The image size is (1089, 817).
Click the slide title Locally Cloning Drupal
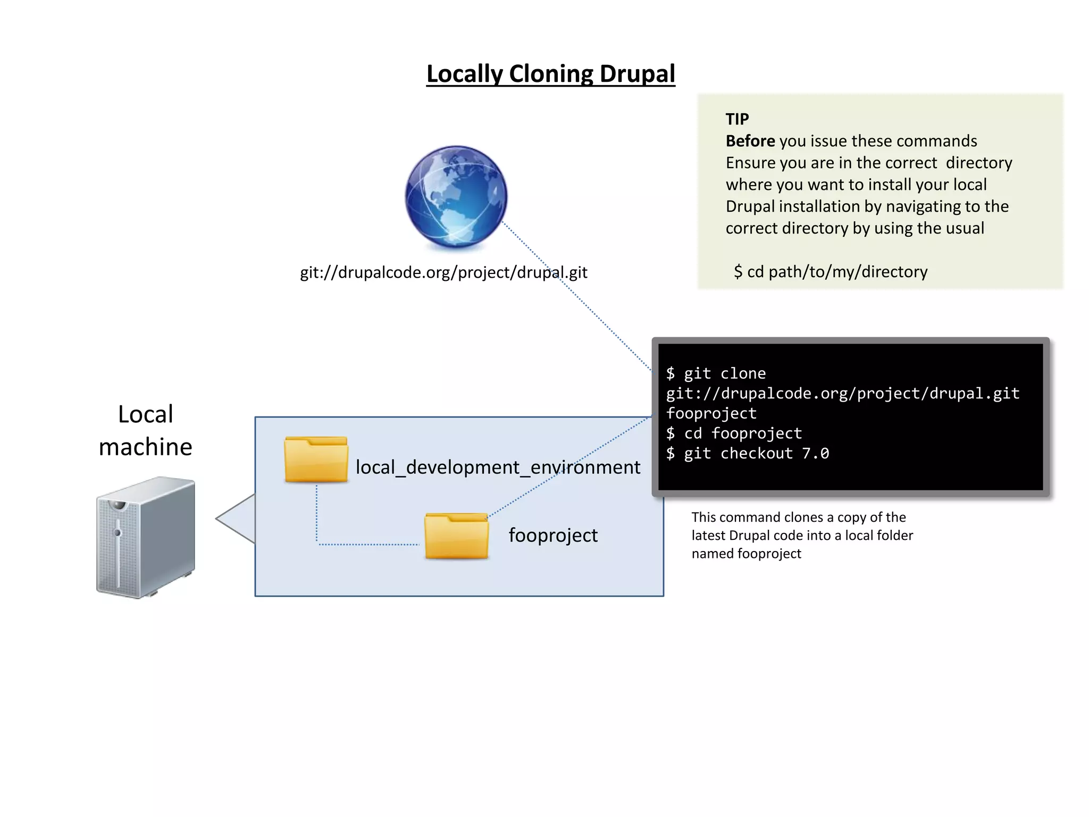[550, 74]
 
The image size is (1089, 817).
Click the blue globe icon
[456, 197]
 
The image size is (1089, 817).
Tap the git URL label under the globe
[443, 272]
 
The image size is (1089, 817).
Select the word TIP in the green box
[737, 119]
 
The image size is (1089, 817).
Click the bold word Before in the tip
[750, 141]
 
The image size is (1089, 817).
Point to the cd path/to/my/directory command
[831, 272]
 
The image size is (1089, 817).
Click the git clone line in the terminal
[716, 373]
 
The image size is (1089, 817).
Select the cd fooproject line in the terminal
[734, 433]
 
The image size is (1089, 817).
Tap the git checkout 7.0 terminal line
[748, 454]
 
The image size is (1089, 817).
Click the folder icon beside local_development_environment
[316, 460]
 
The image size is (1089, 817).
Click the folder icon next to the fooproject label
[456, 536]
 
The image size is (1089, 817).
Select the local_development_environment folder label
[498, 468]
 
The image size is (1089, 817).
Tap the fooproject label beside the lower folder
[553, 535]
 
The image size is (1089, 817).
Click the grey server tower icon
[145, 537]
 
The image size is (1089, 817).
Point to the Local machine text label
[145, 430]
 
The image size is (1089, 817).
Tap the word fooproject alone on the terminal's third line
[711, 413]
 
